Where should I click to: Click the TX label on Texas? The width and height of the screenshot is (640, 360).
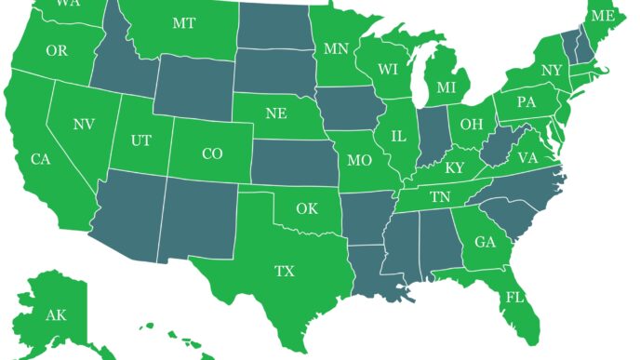[x=284, y=272]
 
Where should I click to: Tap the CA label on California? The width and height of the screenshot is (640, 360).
[x=40, y=160]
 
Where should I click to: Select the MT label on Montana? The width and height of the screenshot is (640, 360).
[x=184, y=23]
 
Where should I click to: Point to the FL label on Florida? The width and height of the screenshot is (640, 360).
[x=513, y=298]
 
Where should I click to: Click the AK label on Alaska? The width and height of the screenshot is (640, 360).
[x=56, y=315]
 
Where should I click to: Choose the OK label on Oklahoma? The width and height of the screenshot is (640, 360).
[x=307, y=208]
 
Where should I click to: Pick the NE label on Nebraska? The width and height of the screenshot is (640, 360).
[x=275, y=113]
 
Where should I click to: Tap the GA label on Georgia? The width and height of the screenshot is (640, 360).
[x=485, y=242]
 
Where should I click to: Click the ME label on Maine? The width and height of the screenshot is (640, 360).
[x=603, y=16]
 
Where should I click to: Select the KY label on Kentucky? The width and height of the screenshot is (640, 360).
[x=455, y=168]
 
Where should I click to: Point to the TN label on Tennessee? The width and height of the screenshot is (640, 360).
[x=440, y=196]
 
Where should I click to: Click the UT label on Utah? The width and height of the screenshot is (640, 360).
[x=140, y=140]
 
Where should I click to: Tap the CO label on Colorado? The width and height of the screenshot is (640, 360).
[x=212, y=153]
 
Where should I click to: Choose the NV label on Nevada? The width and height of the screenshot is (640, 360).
[x=84, y=124]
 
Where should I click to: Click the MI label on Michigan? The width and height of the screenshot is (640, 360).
[x=447, y=87]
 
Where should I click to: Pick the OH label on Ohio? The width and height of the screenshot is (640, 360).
[x=472, y=124]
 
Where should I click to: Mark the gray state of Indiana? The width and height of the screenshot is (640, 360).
[x=431, y=135]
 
